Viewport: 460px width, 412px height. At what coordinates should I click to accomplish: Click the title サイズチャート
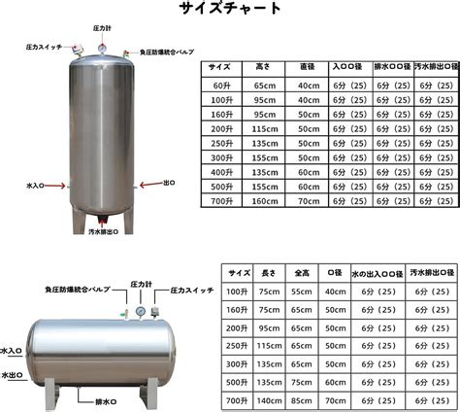[231, 11]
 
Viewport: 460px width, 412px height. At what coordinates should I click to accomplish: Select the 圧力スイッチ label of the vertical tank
[39, 46]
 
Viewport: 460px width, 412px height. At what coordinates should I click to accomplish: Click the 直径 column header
[308, 68]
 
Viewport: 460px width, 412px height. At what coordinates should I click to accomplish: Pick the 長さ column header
[269, 273]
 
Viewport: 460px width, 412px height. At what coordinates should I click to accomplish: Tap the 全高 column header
[302, 273]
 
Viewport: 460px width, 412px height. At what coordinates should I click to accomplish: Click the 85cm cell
[302, 399]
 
